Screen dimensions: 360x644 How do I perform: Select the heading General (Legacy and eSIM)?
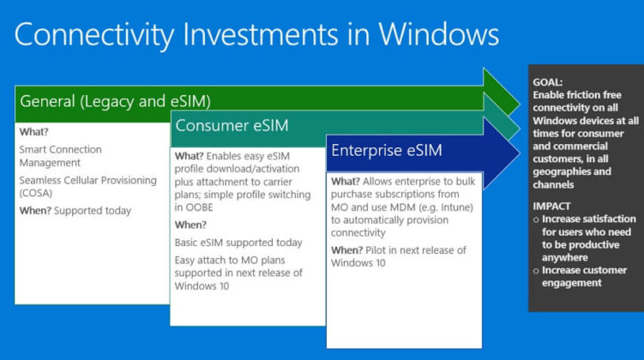tap(115, 101)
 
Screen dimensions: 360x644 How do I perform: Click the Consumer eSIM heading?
tap(232, 126)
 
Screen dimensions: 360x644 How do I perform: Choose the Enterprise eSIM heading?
tap(387, 152)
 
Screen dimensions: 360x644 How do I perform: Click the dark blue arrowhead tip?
tap(517, 152)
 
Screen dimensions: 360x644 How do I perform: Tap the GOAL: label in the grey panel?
tap(550, 81)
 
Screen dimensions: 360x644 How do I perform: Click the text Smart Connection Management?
tap(61, 155)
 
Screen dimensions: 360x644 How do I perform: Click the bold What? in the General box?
tap(34, 133)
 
